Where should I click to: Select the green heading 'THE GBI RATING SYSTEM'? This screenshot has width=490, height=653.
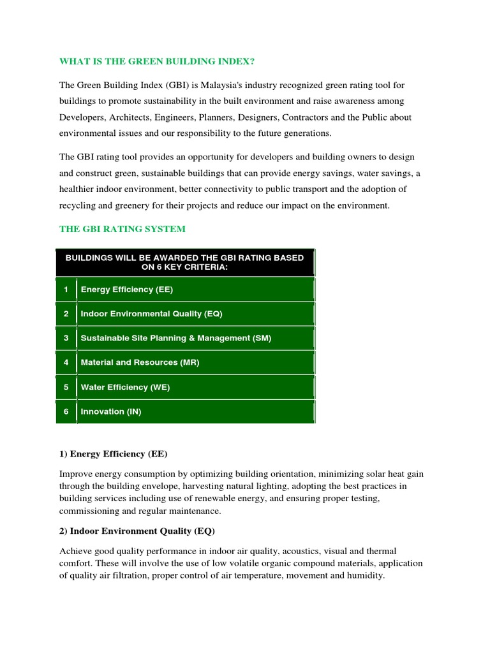122,229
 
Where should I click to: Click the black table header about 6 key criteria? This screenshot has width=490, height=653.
185,262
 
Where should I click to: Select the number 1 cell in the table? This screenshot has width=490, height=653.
66,290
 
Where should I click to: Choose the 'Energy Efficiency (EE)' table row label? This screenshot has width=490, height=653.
127,290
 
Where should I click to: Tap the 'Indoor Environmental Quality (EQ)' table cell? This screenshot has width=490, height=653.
151,314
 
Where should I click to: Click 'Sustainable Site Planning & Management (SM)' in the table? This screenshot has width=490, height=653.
176,338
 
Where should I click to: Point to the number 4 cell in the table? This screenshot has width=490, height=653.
66,362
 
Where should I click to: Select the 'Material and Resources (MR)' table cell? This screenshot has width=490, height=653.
140,362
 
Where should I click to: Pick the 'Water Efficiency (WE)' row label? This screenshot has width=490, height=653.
125,387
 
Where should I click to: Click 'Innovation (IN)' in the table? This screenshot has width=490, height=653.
111,411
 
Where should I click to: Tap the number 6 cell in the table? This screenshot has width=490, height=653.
66,411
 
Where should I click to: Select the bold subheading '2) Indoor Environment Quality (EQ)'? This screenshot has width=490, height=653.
137,531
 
